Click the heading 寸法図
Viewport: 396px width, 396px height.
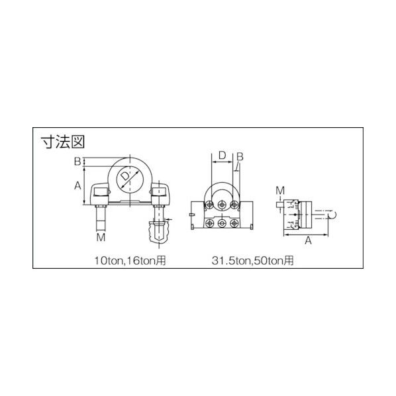click(63, 142)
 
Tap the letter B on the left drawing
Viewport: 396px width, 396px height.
click(77, 162)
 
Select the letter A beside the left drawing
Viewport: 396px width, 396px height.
click(77, 185)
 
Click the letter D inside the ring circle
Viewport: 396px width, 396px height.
click(125, 176)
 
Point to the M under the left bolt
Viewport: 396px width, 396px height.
click(101, 237)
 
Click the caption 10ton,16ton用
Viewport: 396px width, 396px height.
click(130, 260)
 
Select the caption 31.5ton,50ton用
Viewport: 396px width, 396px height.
click(252, 260)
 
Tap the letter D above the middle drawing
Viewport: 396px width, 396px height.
click(222, 156)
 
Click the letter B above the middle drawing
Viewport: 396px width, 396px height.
click(240, 157)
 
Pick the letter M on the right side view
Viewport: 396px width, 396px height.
click(280, 191)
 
